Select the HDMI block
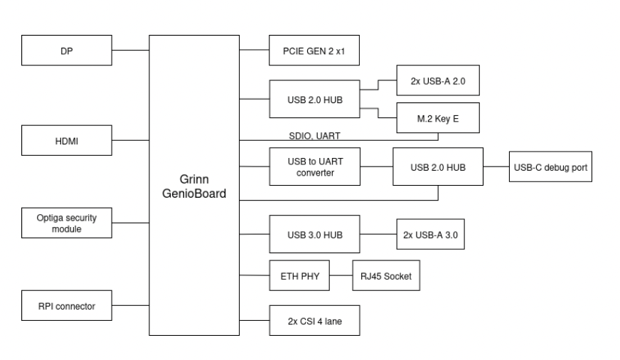pyautogui.click(x=67, y=141)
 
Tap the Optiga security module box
pyautogui.click(x=67, y=224)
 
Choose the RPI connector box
pyautogui.click(x=67, y=307)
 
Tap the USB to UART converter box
pyautogui.click(x=314, y=168)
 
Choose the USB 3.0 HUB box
pyautogui.click(x=314, y=234)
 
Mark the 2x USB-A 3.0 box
pyautogui.click(x=429, y=234)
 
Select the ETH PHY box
pyautogui.click(x=299, y=275)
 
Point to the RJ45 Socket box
pyautogui.click(x=385, y=275)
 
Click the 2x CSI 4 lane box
pyautogui.click(x=314, y=321)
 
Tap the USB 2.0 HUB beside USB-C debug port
pyautogui.click(x=437, y=168)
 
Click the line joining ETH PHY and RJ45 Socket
pyautogui.click(x=341, y=275)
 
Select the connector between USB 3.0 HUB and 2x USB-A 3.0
pyautogui.click(x=377, y=234)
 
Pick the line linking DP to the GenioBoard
pyautogui.click(x=130, y=50)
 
